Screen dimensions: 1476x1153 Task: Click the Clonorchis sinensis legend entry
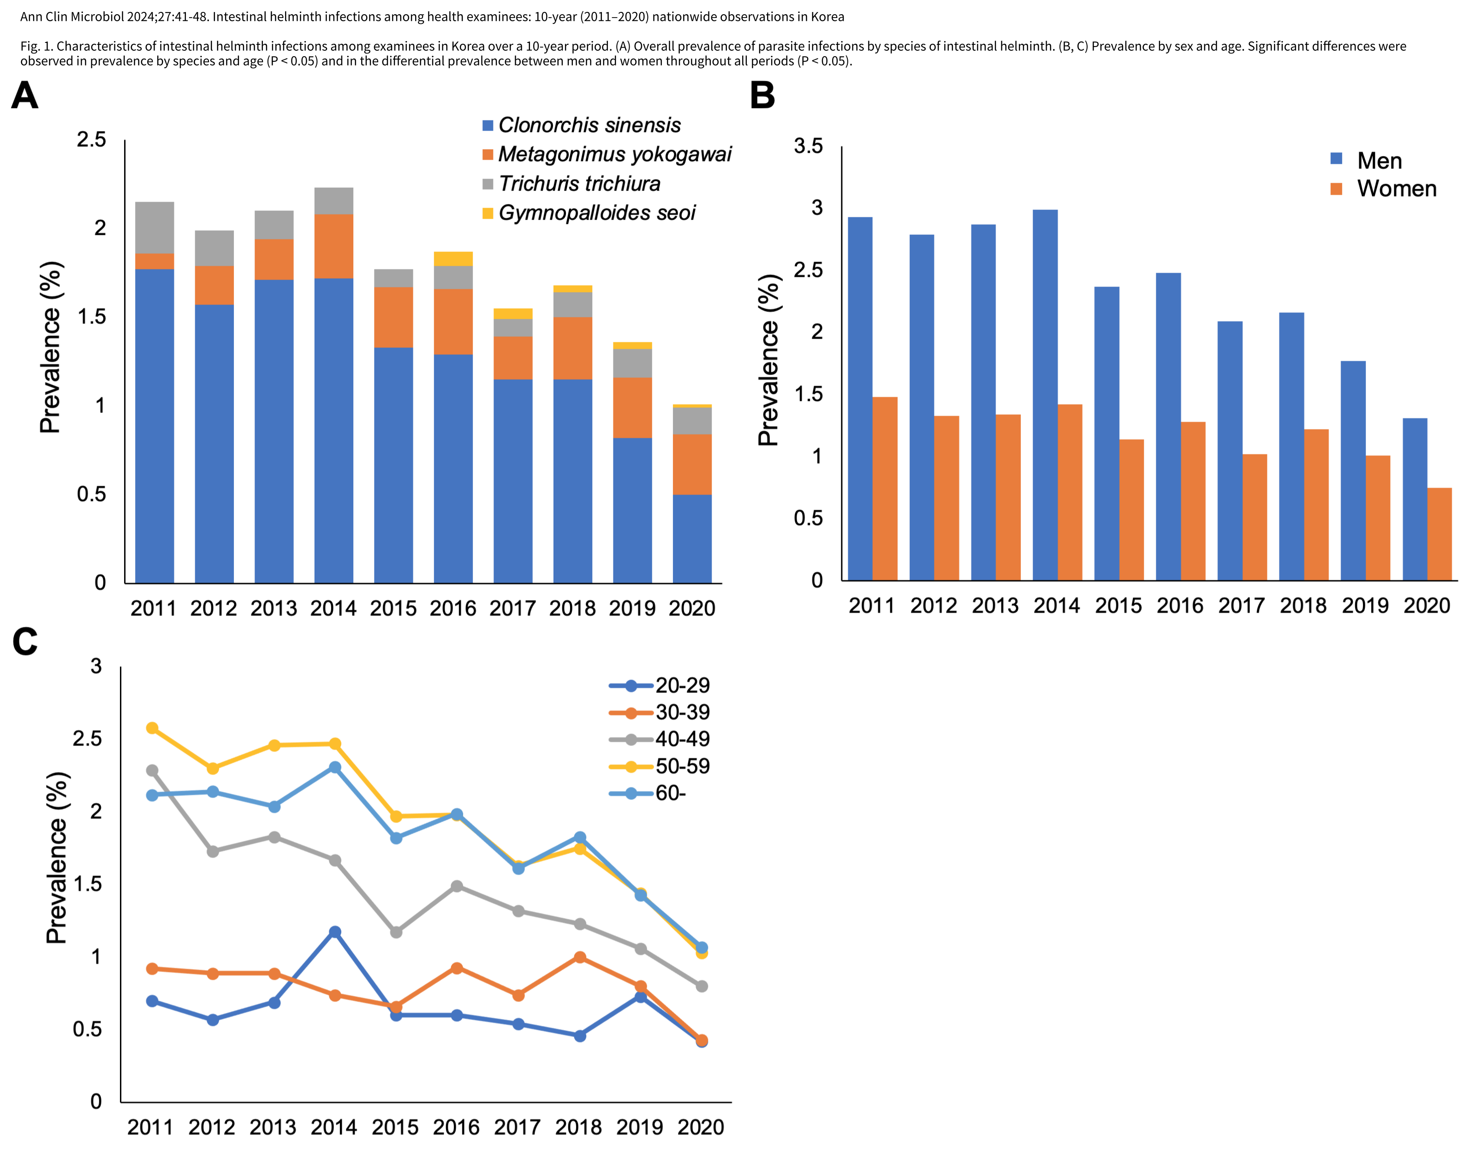581,125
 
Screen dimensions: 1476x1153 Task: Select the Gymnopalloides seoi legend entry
589,213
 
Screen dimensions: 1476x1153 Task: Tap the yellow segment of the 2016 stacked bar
453,259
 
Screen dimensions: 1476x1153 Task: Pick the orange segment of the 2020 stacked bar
692,464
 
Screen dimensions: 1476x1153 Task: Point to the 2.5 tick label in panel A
91,139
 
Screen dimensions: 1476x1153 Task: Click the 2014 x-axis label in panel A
333,608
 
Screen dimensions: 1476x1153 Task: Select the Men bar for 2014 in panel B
1045,395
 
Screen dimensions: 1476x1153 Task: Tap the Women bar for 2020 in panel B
1440,534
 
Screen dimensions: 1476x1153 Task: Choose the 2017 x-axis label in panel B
1242,606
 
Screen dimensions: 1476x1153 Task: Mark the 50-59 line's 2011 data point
152,728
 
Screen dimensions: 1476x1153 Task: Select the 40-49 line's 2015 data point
396,932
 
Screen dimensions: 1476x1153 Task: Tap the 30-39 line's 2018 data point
580,957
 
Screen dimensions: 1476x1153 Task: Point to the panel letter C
25,642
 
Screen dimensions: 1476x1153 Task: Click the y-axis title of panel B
768,360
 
